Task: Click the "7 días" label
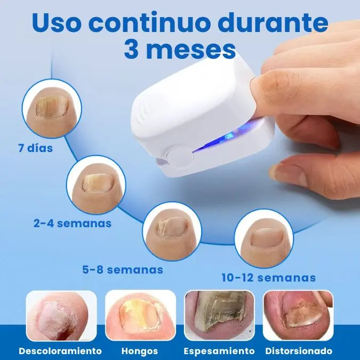(36, 148)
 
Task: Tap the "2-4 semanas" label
(73, 223)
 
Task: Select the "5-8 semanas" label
(123, 269)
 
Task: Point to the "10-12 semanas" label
(269, 277)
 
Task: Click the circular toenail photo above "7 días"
(52, 108)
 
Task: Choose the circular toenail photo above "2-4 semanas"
(96, 185)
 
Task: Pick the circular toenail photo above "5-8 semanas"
(172, 231)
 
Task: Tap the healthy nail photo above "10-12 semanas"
(264, 238)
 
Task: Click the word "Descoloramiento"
(60, 351)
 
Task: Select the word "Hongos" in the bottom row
(140, 351)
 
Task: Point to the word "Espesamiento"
(219, 351)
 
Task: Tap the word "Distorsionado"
(299, 351)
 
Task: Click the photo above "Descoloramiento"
(61, 316)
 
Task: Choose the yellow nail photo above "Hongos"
(140, 315)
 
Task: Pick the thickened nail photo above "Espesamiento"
(219, 315)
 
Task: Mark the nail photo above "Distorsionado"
(298, 315)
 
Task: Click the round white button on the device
(180, 157)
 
